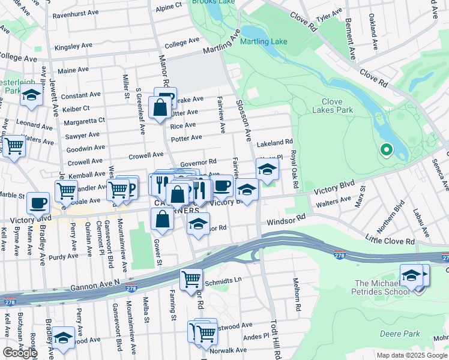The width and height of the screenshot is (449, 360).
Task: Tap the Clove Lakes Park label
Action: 333,106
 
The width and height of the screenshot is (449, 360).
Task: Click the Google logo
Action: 20,352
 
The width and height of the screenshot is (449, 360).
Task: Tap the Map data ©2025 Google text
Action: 411,355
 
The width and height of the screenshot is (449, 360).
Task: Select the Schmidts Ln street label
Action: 223,280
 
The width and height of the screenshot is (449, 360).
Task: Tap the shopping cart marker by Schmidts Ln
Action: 191,277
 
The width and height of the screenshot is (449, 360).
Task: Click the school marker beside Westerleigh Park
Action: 31,95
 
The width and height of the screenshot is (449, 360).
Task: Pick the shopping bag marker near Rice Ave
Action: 160,109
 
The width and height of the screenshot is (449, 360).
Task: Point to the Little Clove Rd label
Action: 390,241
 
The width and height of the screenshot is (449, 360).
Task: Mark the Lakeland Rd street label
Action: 274,144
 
